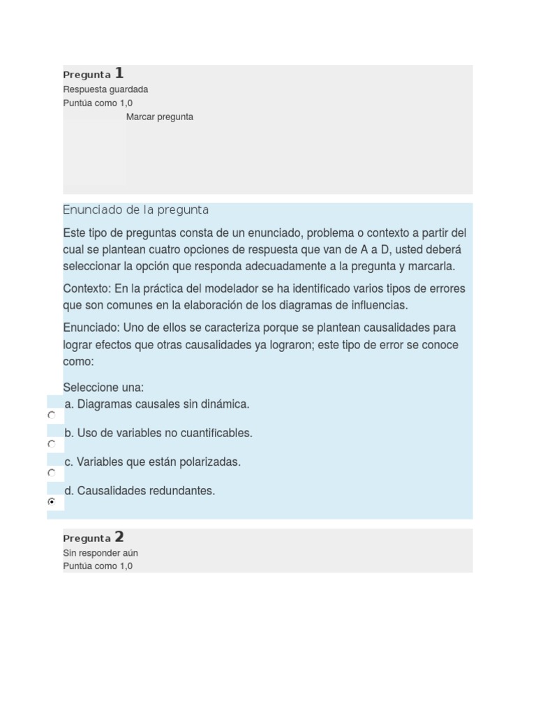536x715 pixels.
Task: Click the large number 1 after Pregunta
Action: [119, 73]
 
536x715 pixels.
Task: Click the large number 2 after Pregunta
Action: [119, 536]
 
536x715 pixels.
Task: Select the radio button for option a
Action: [52, 415]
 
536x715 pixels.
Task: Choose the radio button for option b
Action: [52, 444]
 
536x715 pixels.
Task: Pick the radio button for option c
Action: [52, 473]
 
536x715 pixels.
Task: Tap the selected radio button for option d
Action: [52, 501]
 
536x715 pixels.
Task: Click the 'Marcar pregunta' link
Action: [160, 117]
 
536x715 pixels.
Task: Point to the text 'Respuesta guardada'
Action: [105, 89]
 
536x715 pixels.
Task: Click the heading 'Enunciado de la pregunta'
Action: [135, 210]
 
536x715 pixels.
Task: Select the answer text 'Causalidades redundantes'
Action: [145, 491]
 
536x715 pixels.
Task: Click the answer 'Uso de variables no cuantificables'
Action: [165, 433]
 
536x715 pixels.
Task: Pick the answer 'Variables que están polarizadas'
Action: [158, 462]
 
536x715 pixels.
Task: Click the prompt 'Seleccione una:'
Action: [103, 388]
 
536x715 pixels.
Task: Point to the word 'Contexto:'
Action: [87, 289]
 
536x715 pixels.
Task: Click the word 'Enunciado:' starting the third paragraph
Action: [91, 328]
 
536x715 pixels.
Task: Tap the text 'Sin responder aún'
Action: [100, 553]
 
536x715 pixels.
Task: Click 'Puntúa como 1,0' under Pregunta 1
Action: [98, 103]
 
